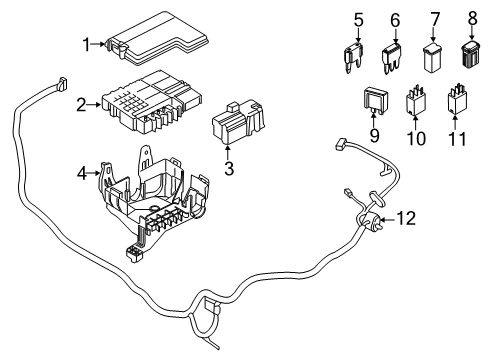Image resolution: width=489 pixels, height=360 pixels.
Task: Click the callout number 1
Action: (86, 42)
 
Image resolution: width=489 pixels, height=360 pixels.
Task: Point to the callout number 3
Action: (229, 169)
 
